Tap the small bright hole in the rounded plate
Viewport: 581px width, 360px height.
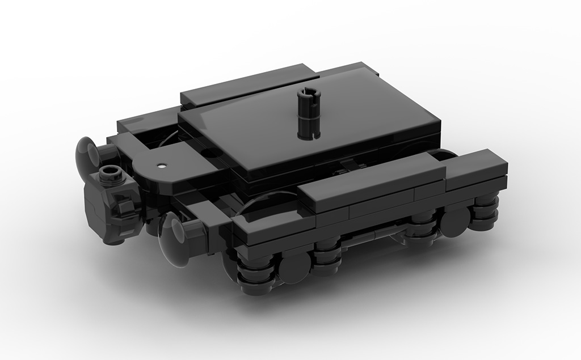[163, 166]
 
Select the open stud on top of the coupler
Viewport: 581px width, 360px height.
[111, 173]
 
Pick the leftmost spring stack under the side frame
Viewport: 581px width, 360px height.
[255, 269]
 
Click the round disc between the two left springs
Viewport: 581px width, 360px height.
[294, 266]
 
